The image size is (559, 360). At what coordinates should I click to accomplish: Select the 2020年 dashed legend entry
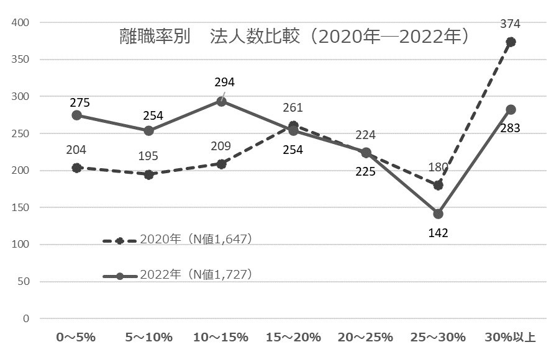tap(178, 240)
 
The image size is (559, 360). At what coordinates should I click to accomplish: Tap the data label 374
tap(511, 24)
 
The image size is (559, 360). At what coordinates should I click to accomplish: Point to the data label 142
tap(438, 233)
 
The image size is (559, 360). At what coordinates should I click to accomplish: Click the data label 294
tap(224, 82)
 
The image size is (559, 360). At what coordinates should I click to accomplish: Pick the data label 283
tap(511, 128)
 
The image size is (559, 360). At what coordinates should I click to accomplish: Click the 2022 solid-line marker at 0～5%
tap(76, 115)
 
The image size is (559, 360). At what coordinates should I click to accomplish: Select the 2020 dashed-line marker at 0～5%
tap(76, 168)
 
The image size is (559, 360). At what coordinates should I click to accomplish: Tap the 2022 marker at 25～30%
tap(438, 214)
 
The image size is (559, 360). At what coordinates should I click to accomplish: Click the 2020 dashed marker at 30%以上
tap(511, 42)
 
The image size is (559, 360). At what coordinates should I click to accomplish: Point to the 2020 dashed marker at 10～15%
tap(221, 164)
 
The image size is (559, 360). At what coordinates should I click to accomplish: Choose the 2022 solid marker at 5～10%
tap(149, 130)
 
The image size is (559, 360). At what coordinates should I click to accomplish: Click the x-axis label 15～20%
tap(293, 338)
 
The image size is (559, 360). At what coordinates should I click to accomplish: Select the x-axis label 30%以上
tap(511, 338)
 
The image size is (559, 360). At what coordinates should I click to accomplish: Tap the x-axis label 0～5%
tap(76, 338)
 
